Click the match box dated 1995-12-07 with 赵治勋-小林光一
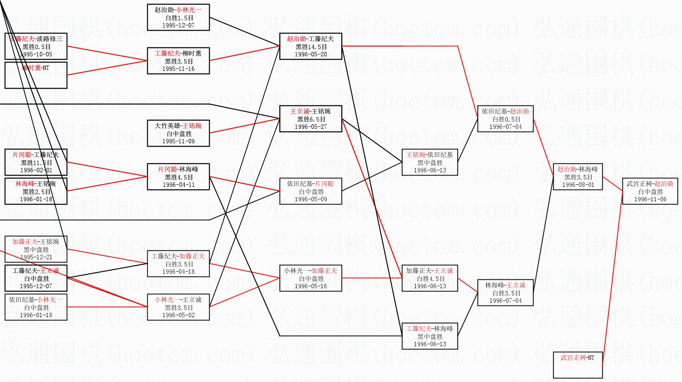pyautogui.click(x=178, y=17)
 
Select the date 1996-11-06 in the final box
pyautogui.click(x=650, y=199)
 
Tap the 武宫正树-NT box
pyautogui.click(x=577, y=365)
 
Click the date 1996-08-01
pyautogui.click(x=578, y=185)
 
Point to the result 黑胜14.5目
pyautogui.click(x=311, y=47)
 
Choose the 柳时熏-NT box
pyautogui.click(x=36, y=75)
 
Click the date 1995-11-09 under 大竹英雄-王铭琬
pyautogui.click(x=178, y=141)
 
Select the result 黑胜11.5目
pyautogui.click(x=36, y=163)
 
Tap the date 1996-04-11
pyautogui.click(x=178, y=185)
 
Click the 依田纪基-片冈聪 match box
pyautogui.click(x=311, y=191)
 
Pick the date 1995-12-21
pyautogui.click(x=36, y=257)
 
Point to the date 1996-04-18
pyautogui.click(x=178, y=272)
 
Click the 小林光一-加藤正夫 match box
pyautogui.click(x=311, y=278)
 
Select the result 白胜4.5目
pyautogui.click(x=430, y=279)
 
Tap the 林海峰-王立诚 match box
pyautogui.click(x=505, y=293)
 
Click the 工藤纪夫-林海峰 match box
pyautogui.click(x=430, y=336)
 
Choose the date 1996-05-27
pyautogui.click(x=311, y=127)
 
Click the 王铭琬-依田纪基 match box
pyautogui.click(x=430, y=162)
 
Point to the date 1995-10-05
pyautogui.click(x=36, y=54)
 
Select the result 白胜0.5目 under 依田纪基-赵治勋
pyautogui.click(x=505, y=119)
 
